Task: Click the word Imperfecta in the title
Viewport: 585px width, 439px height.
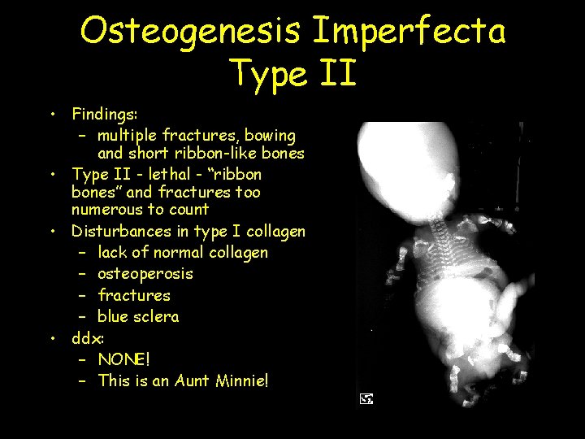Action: coord(409,31)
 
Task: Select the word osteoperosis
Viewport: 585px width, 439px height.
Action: coord(145,274)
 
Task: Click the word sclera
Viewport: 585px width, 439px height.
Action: coord(158,316)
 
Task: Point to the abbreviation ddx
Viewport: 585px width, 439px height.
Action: coord(86,337)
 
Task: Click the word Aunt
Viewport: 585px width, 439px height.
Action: coord(193,380)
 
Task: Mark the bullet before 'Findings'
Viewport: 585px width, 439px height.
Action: coord(51,115)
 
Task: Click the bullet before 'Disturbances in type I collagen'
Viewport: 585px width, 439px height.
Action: coord(51,232)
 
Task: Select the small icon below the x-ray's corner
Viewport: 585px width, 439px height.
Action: coord(366,398)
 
